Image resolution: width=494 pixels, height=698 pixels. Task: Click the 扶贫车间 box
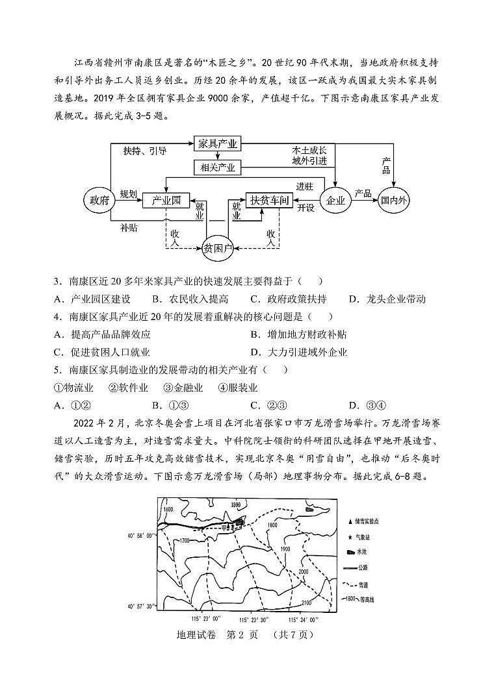[269, 200]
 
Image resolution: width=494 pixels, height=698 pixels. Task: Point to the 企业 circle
[335, 200]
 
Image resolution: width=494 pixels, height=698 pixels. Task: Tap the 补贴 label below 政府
[128, 228]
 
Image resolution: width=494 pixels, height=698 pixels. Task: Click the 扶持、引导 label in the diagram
[144, 151]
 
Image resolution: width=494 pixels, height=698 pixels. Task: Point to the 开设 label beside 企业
[305, 208]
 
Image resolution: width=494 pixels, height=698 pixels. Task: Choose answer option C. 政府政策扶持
[288, 299]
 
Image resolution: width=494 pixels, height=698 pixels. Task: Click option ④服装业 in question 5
[238, 388]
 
